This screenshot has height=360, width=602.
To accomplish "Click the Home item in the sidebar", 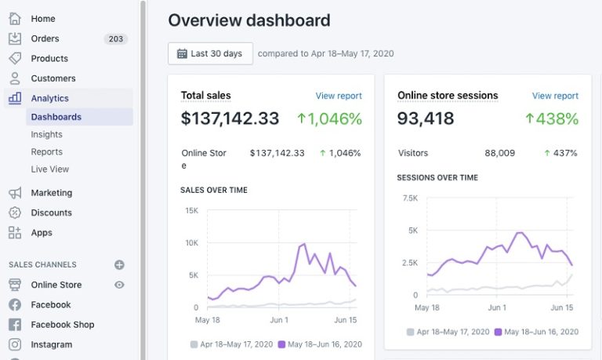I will click(42, 18).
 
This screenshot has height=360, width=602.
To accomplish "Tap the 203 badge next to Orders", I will click(115, 38).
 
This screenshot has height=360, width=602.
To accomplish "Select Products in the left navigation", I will click(49, 58).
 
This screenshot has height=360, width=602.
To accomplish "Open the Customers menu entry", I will click(53, 78).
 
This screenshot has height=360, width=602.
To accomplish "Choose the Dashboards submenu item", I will click(56, 117).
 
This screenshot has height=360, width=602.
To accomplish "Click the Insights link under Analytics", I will click(46, 134).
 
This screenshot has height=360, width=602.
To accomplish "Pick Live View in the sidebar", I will click(49, 169).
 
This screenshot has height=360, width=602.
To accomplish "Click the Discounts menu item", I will click(51, 213).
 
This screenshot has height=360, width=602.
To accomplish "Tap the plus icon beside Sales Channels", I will click(119, 265).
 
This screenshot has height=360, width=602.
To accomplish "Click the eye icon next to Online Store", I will click(119, 285).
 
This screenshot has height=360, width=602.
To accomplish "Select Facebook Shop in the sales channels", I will click(62, 325).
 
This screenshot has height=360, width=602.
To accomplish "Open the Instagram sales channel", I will click(51, 344).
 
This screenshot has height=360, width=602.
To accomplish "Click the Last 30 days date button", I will click(210, 53).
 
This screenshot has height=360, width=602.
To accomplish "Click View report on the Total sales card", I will click(339, 96).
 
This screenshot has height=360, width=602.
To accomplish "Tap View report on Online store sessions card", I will click(555, 96).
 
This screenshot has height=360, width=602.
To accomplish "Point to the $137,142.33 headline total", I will click(230, 118).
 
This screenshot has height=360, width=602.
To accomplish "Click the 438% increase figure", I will click(552, 118).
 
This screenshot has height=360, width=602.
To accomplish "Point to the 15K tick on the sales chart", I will click(191, 210).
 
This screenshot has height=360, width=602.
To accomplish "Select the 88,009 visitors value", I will click(499, 153).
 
